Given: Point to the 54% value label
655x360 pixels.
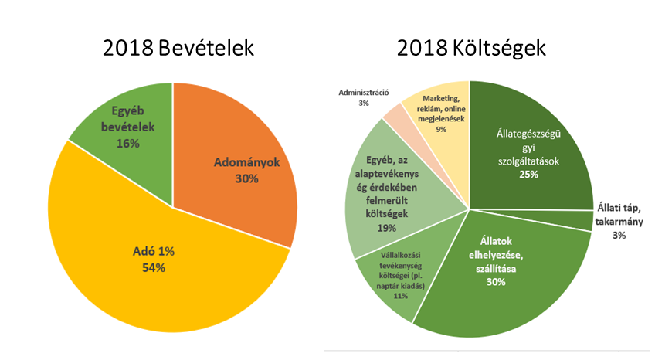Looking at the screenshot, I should coord(153,267).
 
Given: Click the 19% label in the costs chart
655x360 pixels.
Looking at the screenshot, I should coord(387,228).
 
